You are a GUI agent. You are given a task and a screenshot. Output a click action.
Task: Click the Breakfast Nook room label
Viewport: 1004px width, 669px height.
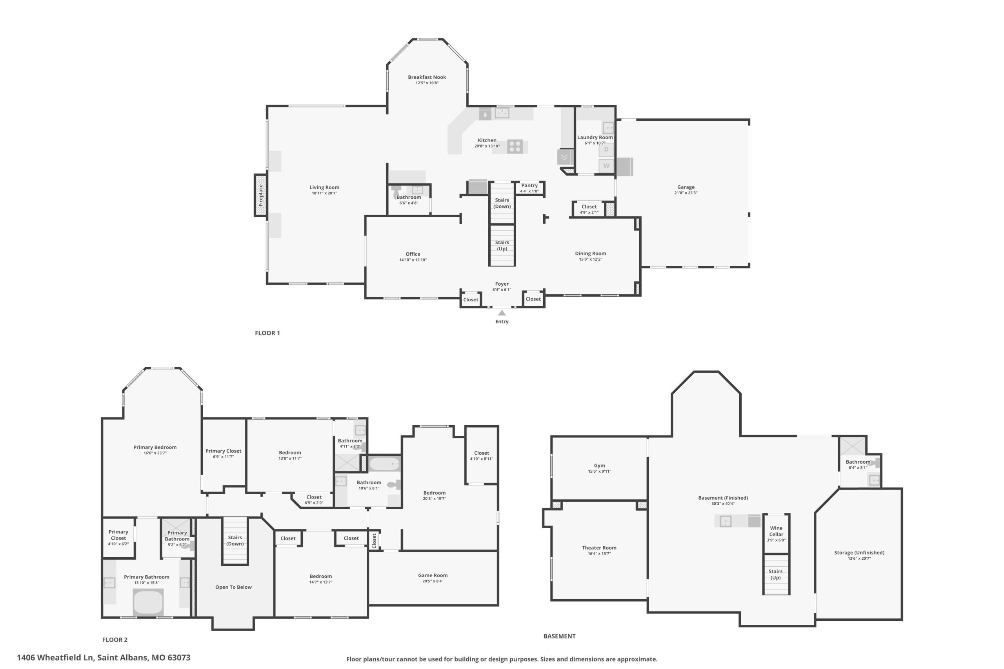pyautogui.click(x=427, y=77)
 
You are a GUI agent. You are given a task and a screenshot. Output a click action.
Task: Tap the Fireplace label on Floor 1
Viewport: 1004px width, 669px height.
pyautogui.click(x=261, y=195)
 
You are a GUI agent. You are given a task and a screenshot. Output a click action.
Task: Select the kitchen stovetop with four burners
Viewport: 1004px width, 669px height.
pyautogui.click(x=515, y=146)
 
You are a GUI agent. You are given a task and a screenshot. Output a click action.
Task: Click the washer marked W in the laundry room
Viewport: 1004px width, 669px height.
pyautogui.click(x=606, y=166)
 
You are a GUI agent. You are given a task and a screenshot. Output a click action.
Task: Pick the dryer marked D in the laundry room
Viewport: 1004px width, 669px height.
pyautogui.click(x=606, y=150)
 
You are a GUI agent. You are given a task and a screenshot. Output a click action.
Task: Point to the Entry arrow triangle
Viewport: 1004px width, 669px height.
pyautogui.click(x=502, y=313)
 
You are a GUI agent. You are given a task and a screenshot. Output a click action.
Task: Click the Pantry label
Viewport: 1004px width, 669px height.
pyautogui.click(x=529, y=186)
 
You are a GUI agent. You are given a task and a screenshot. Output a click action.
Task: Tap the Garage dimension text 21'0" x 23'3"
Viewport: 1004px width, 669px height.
pyautogui.click(x=686, y=193)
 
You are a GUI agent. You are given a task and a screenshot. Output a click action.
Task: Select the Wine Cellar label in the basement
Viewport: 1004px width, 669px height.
pyautogui.click(x=776, y=531)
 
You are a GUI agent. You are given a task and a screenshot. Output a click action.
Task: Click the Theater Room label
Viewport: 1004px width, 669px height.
pyautogui.click(x=599, y=548)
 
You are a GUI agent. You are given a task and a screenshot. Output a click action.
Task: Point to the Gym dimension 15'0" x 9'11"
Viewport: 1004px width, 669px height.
pyautogui.click(x=599, y=471)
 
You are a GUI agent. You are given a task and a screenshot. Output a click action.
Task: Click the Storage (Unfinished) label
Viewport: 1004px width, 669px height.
pyautogui.click(x=859, y=553)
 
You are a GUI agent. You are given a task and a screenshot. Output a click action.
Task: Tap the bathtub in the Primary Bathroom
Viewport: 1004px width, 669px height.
pyautogui.click(x=148, y=602)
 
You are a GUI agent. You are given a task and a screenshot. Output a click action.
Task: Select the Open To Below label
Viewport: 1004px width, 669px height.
pyautogui.click(x=233, y=587)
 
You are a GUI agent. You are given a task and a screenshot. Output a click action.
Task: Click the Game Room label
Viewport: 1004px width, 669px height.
pyautogui.click(x=433, y=575)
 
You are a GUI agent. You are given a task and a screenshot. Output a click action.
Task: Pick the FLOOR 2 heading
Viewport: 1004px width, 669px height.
pyautogui.click(x=115, y=640)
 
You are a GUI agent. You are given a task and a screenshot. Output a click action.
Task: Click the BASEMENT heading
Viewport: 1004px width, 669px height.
pyautogui.click(x=560, y=636)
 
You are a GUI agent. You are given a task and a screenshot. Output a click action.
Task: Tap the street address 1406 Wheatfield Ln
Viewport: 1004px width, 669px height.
pyautogui.click(x=55, y=658)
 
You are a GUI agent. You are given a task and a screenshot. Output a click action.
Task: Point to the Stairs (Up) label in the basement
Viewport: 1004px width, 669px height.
pyautogui.click(x=776, y=574)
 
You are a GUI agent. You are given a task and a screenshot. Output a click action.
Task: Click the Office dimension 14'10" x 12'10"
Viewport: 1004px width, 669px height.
pyautogui.click(x=413, y=260)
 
